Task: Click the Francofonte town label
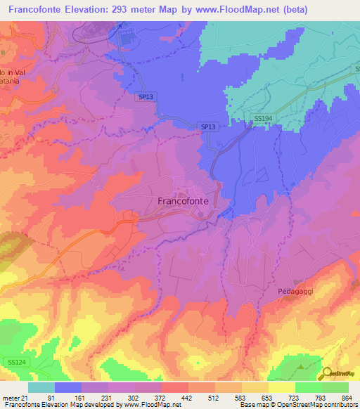tap(182, 200)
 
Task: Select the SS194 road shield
tap(263, 119)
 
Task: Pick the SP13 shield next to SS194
tap(207, 126)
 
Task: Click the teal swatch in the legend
tap(41, 387)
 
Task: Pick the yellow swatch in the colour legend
tap(282, 387)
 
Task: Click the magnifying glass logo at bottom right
tap(326, 374)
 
